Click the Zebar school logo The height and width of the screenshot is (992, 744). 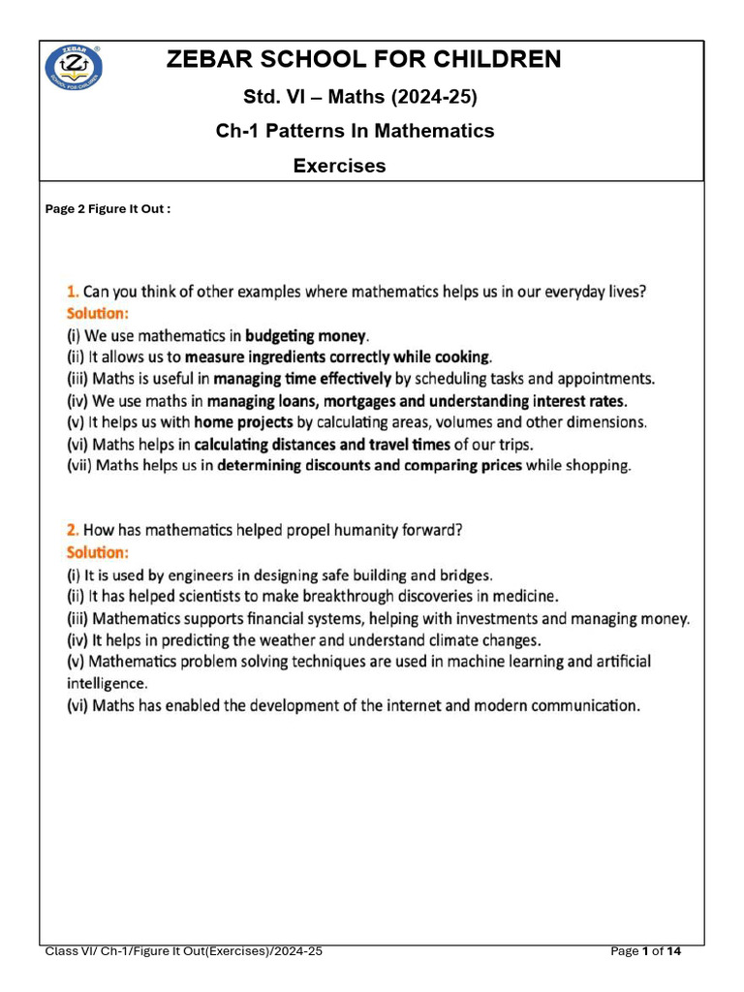(x=74, y=67)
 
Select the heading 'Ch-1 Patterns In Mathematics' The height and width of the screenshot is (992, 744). (x=355, y=130)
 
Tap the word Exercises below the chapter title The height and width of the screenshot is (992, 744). (x=339, y=166)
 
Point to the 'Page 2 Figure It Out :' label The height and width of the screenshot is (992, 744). (x=108, y=209)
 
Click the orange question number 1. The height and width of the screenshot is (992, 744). (x=72, y=291)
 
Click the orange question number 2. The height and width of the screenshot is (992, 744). (x=72, y=530)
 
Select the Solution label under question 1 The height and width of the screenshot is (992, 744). (x=97, y=314)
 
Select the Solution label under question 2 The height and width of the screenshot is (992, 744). (x=97, y=552)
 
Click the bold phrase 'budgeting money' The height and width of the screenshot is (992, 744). (x=305, y=336)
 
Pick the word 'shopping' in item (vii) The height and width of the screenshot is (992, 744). (x=601, y=466)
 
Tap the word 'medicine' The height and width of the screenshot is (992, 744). (x=527, y=596)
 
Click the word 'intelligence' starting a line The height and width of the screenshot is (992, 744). (x=107, y=683)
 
